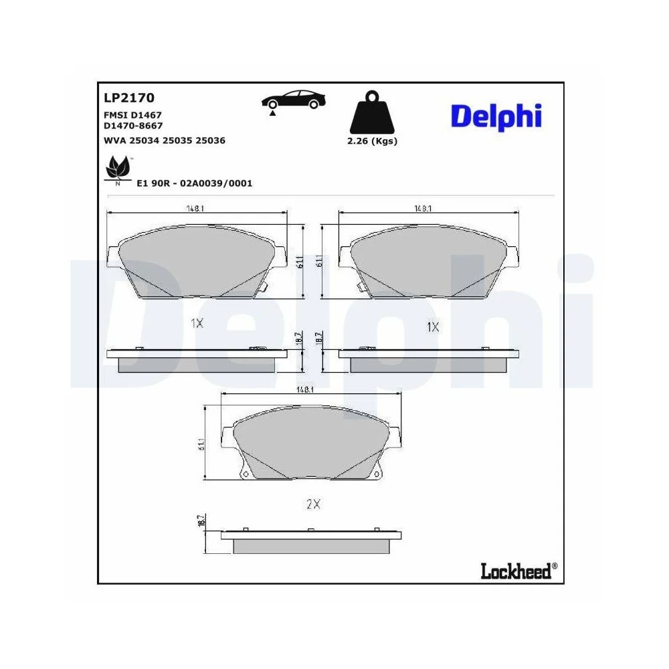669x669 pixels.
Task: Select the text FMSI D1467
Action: [x=133, y=115]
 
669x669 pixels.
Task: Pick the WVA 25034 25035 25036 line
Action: [x=164, y=140]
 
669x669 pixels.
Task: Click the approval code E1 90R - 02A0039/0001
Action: [x=194, y=183]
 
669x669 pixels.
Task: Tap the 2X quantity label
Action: [x=313, y=505]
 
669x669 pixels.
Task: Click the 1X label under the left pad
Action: [x=196, y=323]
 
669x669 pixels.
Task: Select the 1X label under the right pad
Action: [x=433, y=327]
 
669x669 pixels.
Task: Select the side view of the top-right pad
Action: [x=429, y=360]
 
